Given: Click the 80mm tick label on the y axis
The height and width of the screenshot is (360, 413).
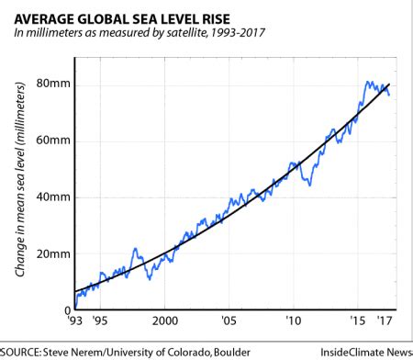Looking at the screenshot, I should point(54,84).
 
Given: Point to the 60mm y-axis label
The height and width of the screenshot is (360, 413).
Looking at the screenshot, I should point(54,141).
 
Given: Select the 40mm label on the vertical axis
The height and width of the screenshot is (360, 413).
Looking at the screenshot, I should point(54,197).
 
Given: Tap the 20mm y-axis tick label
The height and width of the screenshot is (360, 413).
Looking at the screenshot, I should point(54,253).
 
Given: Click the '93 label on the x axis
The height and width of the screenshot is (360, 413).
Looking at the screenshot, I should point(75,321).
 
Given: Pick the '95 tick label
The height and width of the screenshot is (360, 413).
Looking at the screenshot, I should point(100,321).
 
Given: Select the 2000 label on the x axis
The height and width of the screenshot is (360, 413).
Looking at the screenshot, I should point(163,321).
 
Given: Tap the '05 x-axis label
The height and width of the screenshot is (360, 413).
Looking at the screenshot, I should point(228,321).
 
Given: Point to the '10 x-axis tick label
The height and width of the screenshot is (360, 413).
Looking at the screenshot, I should point(292,321).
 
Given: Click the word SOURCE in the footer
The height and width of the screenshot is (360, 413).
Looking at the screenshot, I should point(24,350).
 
